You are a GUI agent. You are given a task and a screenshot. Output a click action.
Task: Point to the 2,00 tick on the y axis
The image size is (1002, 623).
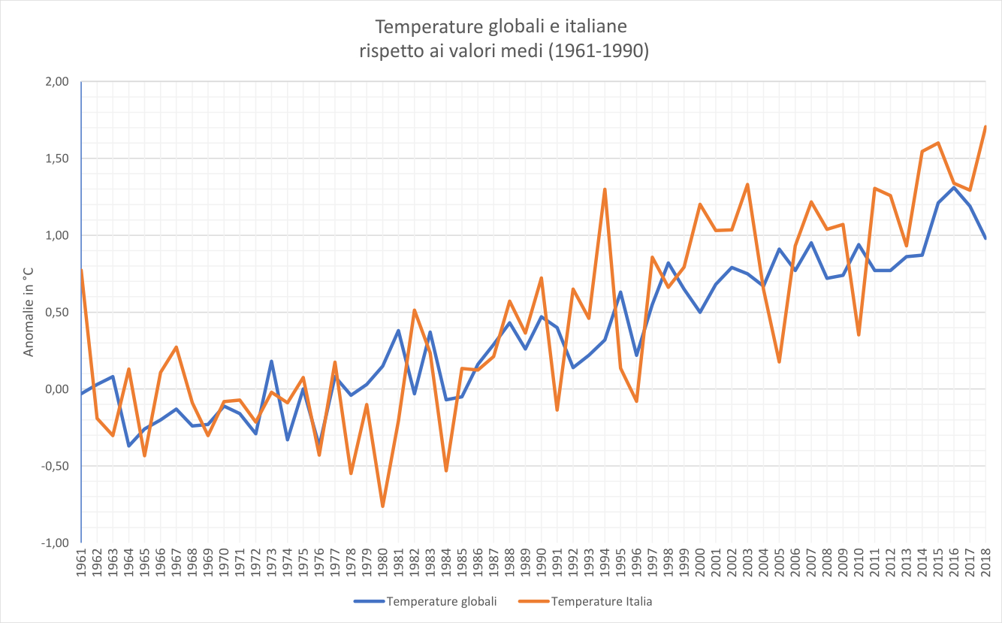point(57,82)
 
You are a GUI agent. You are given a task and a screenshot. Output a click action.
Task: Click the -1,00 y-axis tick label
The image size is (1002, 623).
point(56,543)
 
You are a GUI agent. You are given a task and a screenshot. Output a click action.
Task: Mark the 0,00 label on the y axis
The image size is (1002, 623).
point(57,389)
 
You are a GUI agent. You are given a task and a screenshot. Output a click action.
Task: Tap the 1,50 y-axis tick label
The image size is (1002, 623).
point(57,159)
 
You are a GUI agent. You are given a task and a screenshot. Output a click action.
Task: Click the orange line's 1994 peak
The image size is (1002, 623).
point(605,189)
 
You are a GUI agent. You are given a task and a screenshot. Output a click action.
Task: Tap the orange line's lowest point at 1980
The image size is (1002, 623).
point(382,506)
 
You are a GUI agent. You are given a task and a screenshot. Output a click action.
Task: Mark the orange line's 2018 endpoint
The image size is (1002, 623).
point(985,127)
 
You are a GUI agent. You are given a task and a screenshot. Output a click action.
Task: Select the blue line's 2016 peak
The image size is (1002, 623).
point(954,187)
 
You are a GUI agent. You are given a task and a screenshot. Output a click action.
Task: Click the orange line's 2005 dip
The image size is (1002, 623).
point(780,362)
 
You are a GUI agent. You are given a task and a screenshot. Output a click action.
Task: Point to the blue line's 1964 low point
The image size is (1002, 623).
point(128,446)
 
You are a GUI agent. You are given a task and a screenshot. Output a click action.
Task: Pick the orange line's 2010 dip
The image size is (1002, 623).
point(859,334)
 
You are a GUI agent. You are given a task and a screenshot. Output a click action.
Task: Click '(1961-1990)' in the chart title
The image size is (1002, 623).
point(594,51)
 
